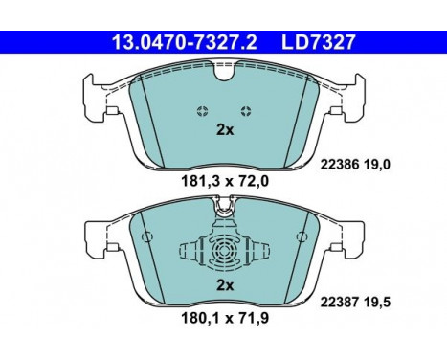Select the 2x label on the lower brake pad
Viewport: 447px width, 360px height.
click(x=223, y=286)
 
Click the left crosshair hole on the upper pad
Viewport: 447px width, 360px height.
click(x=200, y=110)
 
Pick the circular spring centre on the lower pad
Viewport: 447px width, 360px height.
click(x=223, y=253)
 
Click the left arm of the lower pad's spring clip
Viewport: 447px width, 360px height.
click(x=189, y=254)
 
